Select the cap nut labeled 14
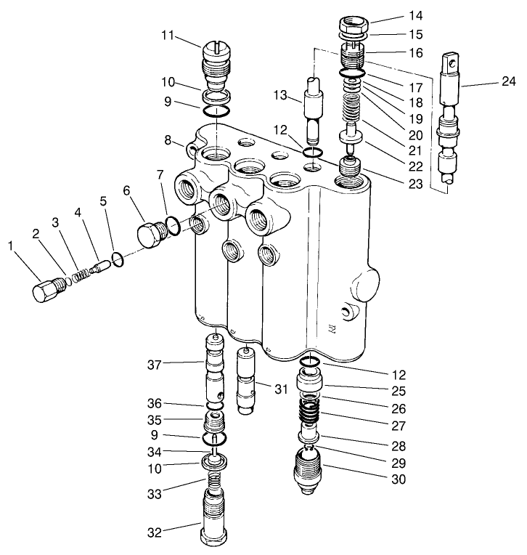354,26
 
